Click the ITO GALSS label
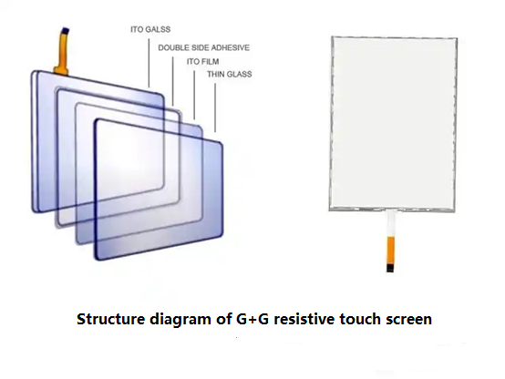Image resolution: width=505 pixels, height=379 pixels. (x=150, y=29)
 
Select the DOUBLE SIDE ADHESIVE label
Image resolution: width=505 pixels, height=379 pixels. (x=204, y=47)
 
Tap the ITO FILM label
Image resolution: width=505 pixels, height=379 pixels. (x=203, y=62)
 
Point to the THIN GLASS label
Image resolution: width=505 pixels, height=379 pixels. (x=230, y=74)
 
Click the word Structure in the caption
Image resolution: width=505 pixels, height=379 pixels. (x=111, y=319)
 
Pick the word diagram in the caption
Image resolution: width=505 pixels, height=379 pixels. (x=180, y=320)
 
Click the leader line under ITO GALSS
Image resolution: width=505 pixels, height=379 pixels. (x=149, y=63)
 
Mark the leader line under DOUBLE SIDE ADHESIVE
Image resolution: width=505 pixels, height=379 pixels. (x=172, y=81)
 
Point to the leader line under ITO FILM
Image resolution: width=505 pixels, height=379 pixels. (x=194, y=95)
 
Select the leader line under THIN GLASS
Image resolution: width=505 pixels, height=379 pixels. (x=215, y=108)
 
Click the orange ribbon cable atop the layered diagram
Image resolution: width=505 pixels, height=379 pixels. (x=62, y=53)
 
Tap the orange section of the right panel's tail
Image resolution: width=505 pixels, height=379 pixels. (x=390, y=251)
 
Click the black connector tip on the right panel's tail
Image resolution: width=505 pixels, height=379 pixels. (x=390, y=269)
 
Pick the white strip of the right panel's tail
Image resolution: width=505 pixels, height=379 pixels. (x=391, y=224)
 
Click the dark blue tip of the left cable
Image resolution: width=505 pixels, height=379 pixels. (x=66, y=31)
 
